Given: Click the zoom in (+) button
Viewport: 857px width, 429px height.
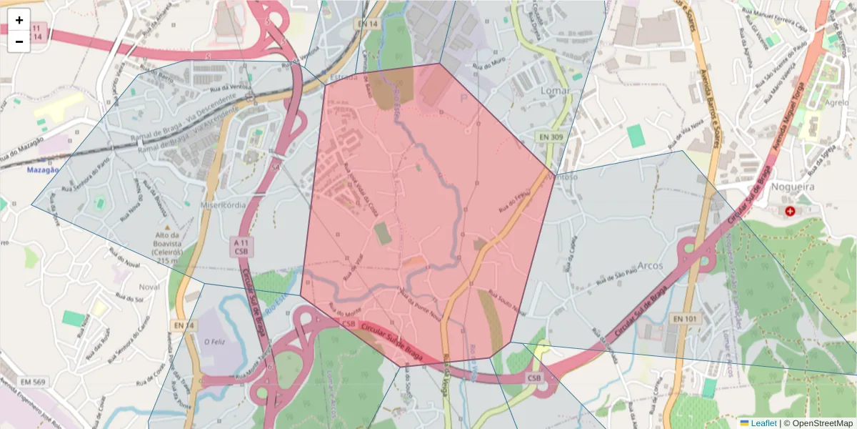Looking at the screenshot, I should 19,20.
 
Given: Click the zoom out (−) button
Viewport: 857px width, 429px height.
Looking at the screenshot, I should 19,41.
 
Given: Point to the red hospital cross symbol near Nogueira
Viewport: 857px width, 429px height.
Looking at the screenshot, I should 790,211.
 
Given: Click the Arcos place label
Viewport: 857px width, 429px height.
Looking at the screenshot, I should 647,266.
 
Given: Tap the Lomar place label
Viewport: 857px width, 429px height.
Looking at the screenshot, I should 555,91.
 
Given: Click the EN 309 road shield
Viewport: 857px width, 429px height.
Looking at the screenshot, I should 550,136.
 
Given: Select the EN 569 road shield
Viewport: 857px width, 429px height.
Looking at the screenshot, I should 32,383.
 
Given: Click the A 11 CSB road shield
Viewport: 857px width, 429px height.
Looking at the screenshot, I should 241,247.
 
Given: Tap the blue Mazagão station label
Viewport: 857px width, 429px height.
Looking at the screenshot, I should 42,170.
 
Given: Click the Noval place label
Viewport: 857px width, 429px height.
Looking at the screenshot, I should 149,287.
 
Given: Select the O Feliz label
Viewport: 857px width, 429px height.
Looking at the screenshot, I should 216,342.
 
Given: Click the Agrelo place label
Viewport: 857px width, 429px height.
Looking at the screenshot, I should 836,102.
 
